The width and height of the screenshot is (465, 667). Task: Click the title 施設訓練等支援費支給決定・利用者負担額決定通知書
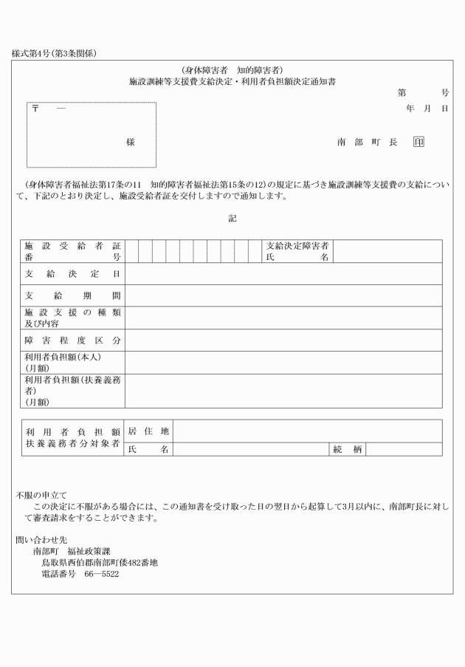[x=232, y=81]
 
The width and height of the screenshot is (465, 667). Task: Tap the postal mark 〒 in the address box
[x=35, y=109]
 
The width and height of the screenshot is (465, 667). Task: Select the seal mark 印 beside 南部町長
[x=418, y=142]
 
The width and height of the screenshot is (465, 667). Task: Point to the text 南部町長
[x=367, y=142]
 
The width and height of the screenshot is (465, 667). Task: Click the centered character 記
[x=232, y=219]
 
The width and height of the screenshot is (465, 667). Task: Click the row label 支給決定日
[x=72, y=273]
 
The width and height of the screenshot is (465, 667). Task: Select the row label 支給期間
[x=72, y=295]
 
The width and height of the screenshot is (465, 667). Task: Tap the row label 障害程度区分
[x=72, y=341]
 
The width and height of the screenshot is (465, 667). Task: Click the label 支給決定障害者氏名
[x=297, y=251]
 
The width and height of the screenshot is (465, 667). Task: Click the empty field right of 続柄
[x=404, y=449]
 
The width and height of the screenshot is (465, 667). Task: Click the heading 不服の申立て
[x=41, y=495]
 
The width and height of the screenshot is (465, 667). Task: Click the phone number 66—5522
[x=98, y=574]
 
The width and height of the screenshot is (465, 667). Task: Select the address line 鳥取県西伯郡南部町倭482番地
[x=99, y=563]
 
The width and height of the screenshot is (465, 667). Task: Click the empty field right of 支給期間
[x=283, y=295]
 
